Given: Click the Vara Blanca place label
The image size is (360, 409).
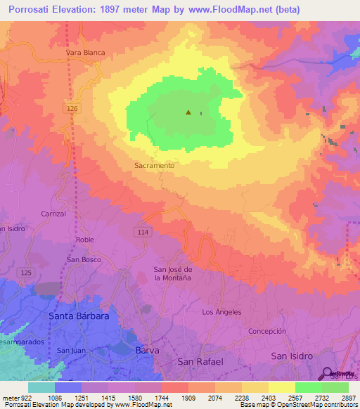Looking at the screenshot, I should coord(85,53).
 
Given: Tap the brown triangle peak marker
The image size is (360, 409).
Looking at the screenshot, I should coord(188,112).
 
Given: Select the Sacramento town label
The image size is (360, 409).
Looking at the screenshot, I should coord(153,165).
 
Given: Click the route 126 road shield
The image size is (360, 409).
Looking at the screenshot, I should coord(74,108).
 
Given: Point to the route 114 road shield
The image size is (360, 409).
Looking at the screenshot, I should coord(143,231).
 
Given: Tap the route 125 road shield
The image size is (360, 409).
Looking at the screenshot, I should coord(26,272).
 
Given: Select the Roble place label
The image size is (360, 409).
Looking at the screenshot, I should coord(84,240).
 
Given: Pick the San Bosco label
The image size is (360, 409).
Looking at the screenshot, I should coord(84,259).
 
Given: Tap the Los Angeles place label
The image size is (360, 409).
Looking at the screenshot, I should coord(221,312).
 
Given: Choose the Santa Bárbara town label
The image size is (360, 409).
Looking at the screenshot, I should coord(78,316).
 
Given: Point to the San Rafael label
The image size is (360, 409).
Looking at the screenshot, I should coord(200,361).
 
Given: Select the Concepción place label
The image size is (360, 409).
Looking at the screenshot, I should coord(267,331).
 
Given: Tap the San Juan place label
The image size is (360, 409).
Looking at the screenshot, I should coord(71,351).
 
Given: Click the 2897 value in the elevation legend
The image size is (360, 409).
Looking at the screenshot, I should coord(349,397).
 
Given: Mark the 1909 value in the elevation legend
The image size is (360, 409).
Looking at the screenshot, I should coord(188,397).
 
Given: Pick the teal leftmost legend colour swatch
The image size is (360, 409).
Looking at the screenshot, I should coord(41,387).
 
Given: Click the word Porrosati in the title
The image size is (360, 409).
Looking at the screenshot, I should coord(27,9).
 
